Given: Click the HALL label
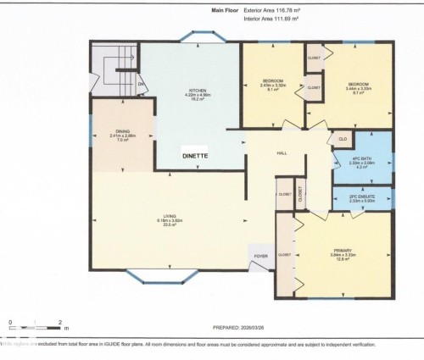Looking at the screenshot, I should tap(282, 153).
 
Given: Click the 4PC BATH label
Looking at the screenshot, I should tap(364, 158).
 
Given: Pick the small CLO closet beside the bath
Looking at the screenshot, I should tap(343, 138).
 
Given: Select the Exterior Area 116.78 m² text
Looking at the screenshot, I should tap(274, 10).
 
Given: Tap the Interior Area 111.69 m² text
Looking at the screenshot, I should tap(273, 19).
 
